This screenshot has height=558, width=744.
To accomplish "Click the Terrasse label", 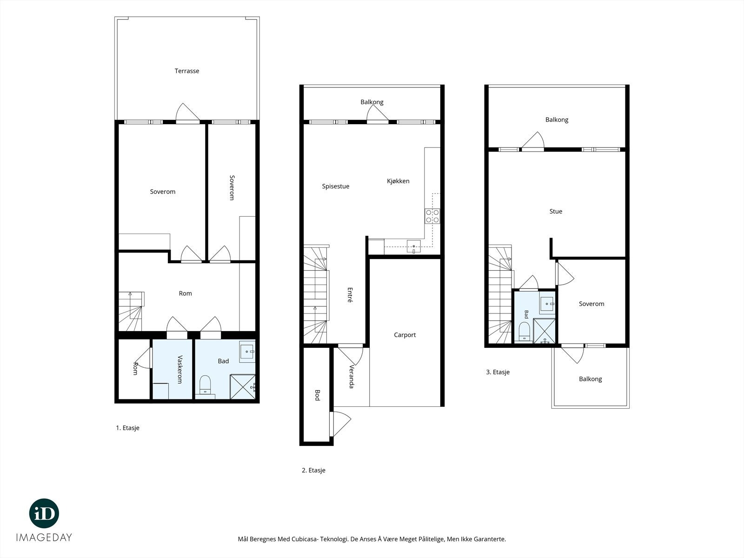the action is click(x=187, y=71).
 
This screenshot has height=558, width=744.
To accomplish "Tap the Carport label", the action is click(x=405, y=335).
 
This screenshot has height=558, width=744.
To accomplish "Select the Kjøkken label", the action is click(x=398, y=181).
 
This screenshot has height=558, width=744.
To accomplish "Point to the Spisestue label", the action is click(x=336, y=186).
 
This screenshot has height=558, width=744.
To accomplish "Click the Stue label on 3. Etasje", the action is click(x=556, y=212).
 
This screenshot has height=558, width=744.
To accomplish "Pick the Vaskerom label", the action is click(x=180, y=369).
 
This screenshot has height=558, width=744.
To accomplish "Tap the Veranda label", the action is click(x=352, y=376).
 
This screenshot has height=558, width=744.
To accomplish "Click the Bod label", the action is click(x=317, y=395).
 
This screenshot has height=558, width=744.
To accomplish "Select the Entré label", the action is click(x=350, y=295).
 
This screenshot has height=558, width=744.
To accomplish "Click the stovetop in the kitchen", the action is click(x=432, y=216).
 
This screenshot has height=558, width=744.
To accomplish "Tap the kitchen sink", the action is click(x=413, y=246).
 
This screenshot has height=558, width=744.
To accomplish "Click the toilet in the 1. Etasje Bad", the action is click(x=205, y=385).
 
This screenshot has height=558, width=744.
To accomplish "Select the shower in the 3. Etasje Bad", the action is click(x=544, y=331).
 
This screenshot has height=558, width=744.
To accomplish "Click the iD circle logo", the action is click(x=44, y=513).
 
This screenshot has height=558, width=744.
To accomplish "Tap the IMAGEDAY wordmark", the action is click(x=44, y=538).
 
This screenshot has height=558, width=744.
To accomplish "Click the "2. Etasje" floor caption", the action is click(x=313, y=470).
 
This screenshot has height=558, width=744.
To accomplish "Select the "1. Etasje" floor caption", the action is click(x=128, y=428).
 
